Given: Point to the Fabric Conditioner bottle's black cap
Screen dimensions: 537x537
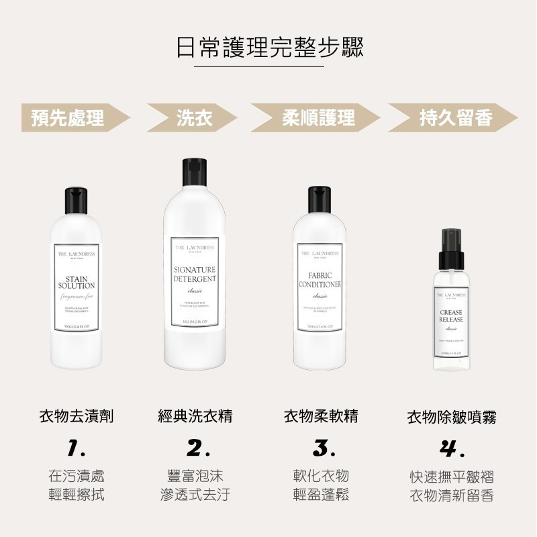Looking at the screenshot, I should [320, 199].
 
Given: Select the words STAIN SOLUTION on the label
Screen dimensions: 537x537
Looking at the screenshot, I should [76, 282].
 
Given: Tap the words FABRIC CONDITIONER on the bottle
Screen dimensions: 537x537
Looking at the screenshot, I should [320, 280].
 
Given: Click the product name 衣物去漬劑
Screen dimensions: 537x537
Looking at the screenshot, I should [76, 416].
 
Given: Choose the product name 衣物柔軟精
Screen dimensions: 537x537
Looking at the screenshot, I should [320, 416].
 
